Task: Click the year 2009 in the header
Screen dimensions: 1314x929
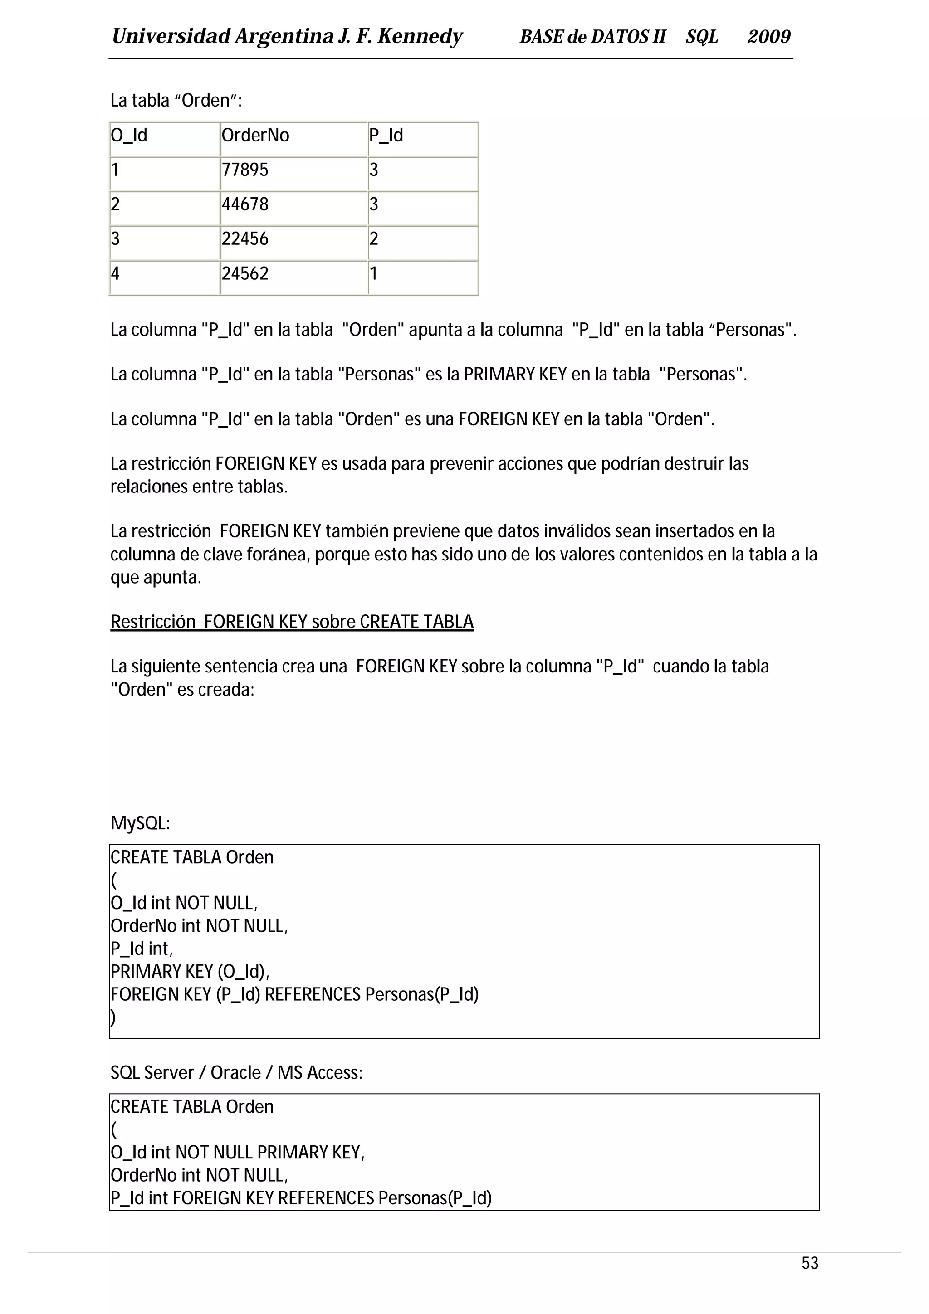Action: click(x=769, y=37)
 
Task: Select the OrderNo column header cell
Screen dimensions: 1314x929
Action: click(x=293, y=136)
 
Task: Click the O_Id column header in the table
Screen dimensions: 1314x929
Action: click(x=164, y=136)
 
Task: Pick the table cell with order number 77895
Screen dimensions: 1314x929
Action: click(x=293, y=170)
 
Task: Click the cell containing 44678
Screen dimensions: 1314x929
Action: click(x=293, y=205)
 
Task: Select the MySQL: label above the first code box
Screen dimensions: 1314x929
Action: click(x=140, y=823)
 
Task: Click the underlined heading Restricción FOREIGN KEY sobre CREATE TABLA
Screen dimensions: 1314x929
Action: click(x=292, y=622)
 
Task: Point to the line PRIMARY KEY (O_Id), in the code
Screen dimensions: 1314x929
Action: click(x=190, y=971)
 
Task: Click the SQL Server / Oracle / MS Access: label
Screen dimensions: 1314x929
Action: click(x=236, y=1072)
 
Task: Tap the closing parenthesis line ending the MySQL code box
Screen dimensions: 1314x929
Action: click(x=113, y=1017)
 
